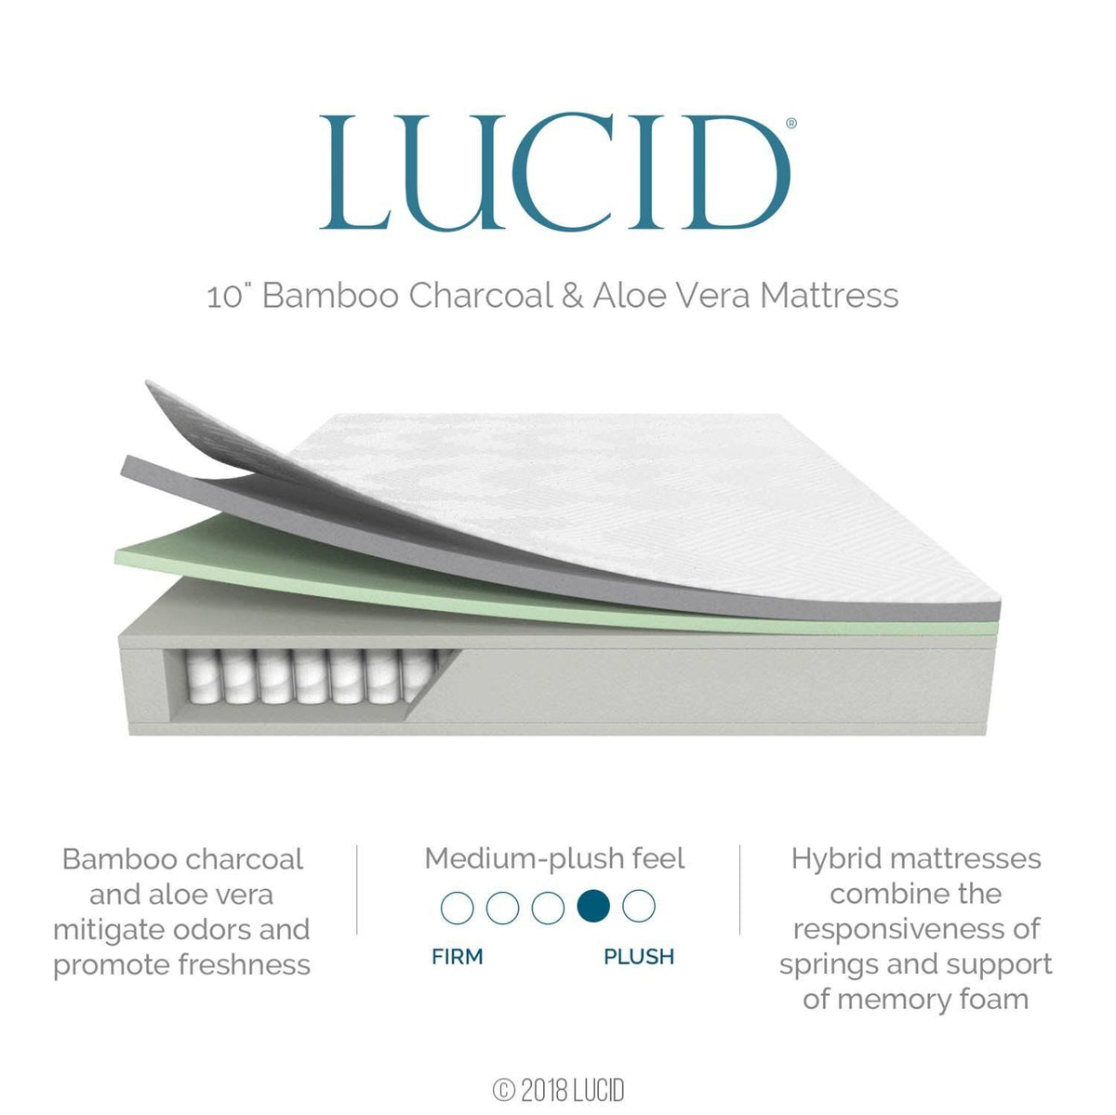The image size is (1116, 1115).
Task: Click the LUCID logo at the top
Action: click(555, 172)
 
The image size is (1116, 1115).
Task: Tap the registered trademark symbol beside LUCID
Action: click(791, 123)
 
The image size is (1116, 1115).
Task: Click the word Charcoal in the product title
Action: click(481, 296)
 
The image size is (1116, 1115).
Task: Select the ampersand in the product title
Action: click(572, 296)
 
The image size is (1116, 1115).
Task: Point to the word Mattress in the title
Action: click(829, 296)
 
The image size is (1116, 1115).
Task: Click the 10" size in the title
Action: click(230, 296)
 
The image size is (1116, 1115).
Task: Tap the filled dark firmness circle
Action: click(593, 906)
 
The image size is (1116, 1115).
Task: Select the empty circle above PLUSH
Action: click(639, 906)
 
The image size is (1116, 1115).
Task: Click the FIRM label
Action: click(458, 957)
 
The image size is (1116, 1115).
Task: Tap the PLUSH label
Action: click(639, 957)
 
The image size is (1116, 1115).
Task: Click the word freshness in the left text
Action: click(245, 965)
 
